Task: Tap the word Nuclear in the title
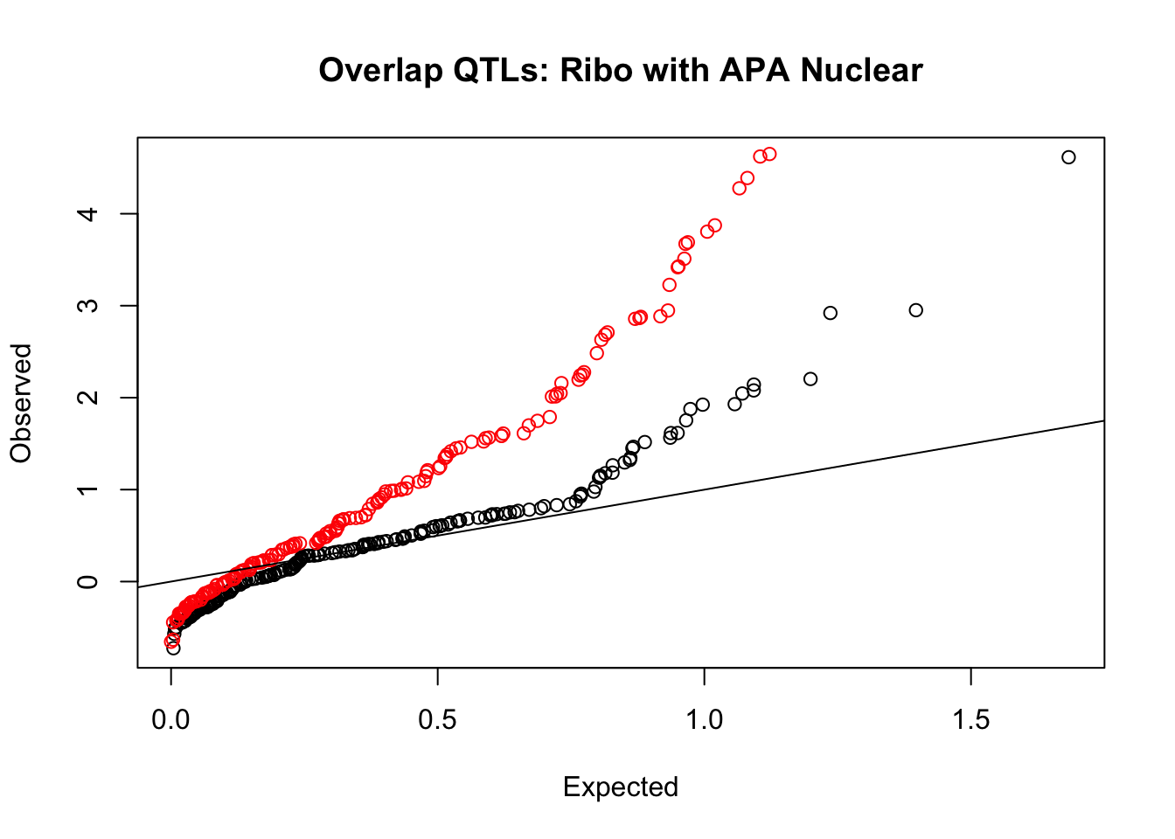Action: [x=862, y=70]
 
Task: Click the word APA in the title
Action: [x=754, y=70]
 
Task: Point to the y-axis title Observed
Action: [x=21, y=403]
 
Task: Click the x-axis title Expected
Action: [x=621, y=787]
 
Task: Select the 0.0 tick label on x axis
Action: [x=170, y=719]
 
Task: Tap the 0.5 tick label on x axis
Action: [x=437, y=719]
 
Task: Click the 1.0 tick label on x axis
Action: [x=704, y=719]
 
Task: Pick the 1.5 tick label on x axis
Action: [x=971, y=719]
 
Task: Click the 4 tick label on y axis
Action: [x=87, y=214]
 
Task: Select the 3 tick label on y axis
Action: [x=87, y=305]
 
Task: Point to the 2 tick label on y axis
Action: [x=87, y=397]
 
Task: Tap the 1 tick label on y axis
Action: [x=87, y=489]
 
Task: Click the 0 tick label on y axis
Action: [x=87, y=581]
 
